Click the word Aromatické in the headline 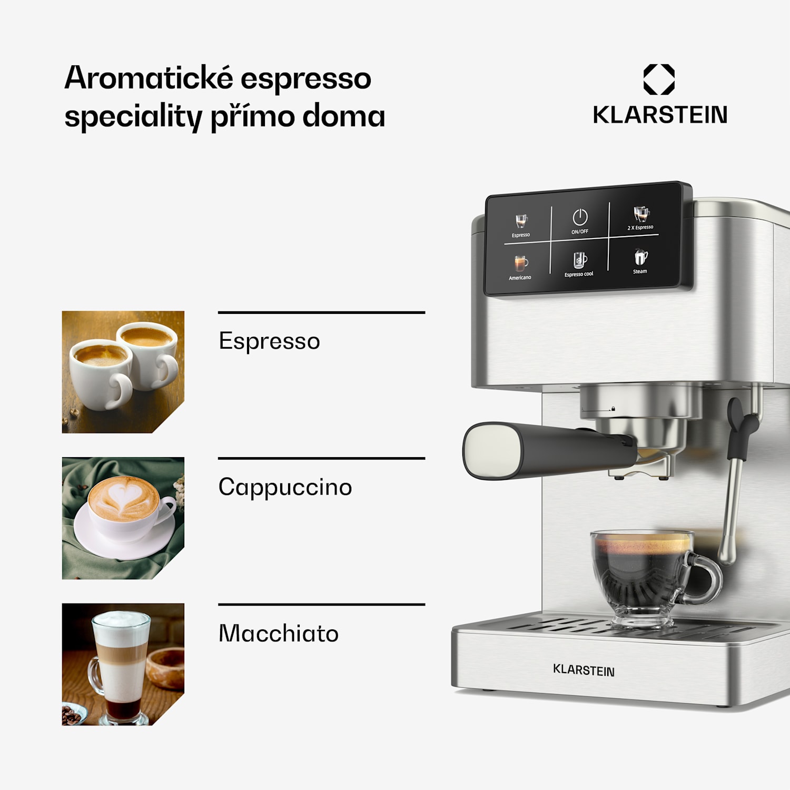[x=149, y=78]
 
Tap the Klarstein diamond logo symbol [x=659, y=80]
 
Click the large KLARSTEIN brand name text [x=660, y=115]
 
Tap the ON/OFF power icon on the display [x=580, y=218]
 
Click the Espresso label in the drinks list [x=269, y=341]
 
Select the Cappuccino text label [x=285, y=487]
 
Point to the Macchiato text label [x=278, y=634]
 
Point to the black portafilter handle [x=553, y=450]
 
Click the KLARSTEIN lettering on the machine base [x=584, y=670]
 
